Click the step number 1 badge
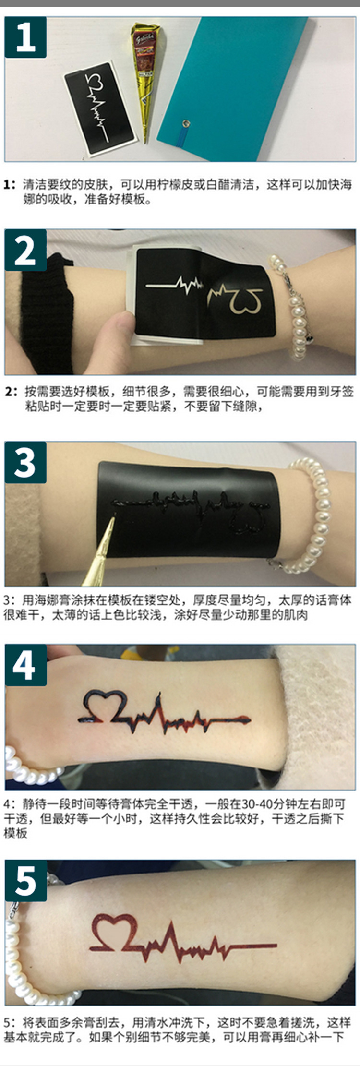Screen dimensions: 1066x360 click(x=25, y=37)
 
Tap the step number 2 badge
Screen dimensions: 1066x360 click(x=25, y=250)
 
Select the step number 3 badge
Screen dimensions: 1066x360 click(x=25, y=462)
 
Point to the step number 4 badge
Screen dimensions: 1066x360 click(x=25, y=665)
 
